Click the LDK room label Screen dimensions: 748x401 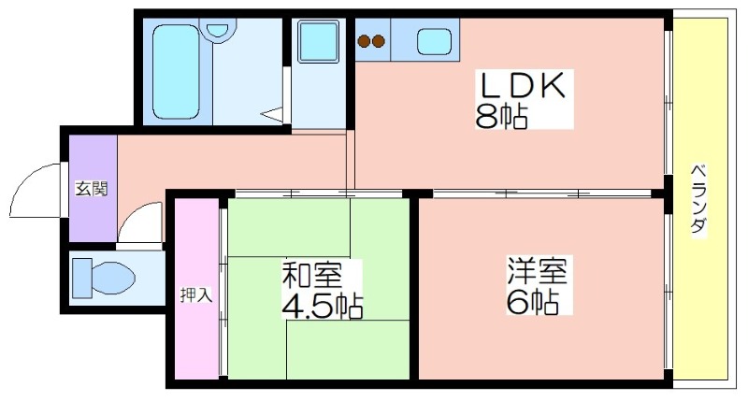[523, 85]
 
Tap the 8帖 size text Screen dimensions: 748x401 [501, 116]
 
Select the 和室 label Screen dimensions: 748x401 [312, 275]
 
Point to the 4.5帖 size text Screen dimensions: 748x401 [323, 305]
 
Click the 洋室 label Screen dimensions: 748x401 [537, 270]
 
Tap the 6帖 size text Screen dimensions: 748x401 [532, 301]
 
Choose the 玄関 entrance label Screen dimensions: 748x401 [92, 190]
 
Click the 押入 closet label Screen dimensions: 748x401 [196, 295]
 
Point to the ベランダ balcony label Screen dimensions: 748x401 [698, 198]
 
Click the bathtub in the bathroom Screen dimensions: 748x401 [176, 72]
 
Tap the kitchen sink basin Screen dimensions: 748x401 [434, 41]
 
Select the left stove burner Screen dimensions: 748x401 [365, 41]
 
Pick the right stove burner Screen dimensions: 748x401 [379, 41]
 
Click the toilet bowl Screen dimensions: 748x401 [112, 278]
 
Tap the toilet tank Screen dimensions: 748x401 [81, 278]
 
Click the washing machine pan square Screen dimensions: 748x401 [318, 41]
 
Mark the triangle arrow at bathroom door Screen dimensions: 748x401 [272, 115]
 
